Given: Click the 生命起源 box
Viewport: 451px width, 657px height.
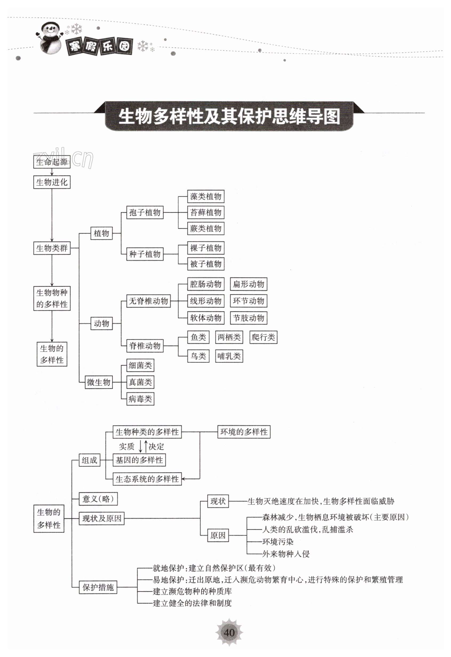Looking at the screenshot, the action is point(52,162).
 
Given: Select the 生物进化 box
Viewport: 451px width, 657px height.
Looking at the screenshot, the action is point(52,182).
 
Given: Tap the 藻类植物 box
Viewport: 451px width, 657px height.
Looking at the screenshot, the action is point(205,197).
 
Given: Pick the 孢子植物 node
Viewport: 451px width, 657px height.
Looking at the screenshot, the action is point(145,212).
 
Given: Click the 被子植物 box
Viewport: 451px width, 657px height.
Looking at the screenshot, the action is point(205,264).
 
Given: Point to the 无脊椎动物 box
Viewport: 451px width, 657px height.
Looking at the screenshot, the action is point(148,301).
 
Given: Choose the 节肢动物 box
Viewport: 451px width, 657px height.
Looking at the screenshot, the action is point(248,318).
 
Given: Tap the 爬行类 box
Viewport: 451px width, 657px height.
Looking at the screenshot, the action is point(263,337).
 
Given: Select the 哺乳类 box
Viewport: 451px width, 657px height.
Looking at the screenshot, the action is point(229,356).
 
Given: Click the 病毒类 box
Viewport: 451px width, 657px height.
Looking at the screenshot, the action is point(140,399).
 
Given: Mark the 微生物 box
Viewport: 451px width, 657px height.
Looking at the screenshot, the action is point(99,382).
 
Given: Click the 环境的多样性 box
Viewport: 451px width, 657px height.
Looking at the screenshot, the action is point(244,432).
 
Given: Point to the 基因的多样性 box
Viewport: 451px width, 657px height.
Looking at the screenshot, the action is point(139,460).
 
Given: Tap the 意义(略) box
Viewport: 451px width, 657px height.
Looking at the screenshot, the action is point(98,499).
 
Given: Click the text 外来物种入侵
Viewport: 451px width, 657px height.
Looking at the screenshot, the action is point(286,554).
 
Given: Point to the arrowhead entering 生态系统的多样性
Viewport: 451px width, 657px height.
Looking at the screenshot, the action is point(183,479).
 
